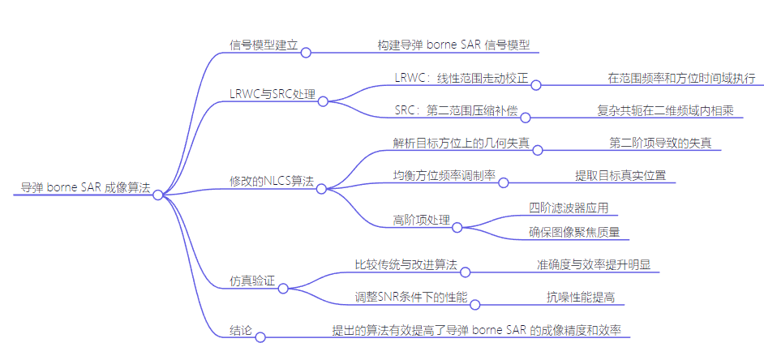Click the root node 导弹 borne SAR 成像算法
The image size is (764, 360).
pos(86,187)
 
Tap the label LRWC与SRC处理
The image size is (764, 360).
pos(271,94)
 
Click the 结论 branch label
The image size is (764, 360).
pos(241,332)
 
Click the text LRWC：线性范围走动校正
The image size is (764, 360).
pos(461,78)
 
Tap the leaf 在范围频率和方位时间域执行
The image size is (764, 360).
pos(681,78)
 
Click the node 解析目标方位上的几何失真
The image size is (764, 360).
pos(461,143)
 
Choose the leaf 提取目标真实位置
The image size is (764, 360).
pos(620,174)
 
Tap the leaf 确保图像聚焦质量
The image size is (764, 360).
pos(573,233)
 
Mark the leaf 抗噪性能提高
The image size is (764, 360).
pos(580,298)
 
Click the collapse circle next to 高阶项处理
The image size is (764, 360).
pos(457,228)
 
